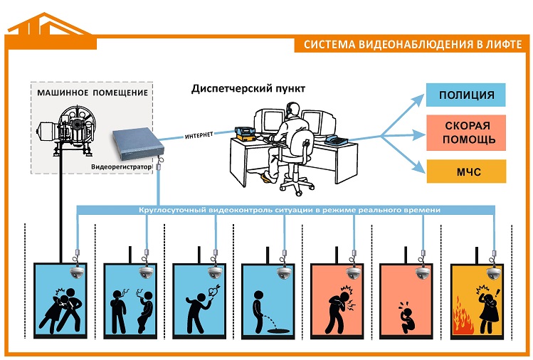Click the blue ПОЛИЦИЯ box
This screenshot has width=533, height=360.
click(x=465, y=95)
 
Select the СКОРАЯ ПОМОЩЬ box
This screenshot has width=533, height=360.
click(x=465, y=132)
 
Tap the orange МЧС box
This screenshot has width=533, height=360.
click(x=465, y=171)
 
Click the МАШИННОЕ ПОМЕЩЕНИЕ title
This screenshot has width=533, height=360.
click(x=93, y=92)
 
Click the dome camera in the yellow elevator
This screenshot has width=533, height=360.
click(x=492, y=274)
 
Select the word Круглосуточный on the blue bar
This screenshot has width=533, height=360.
click(x=169, y=211)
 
